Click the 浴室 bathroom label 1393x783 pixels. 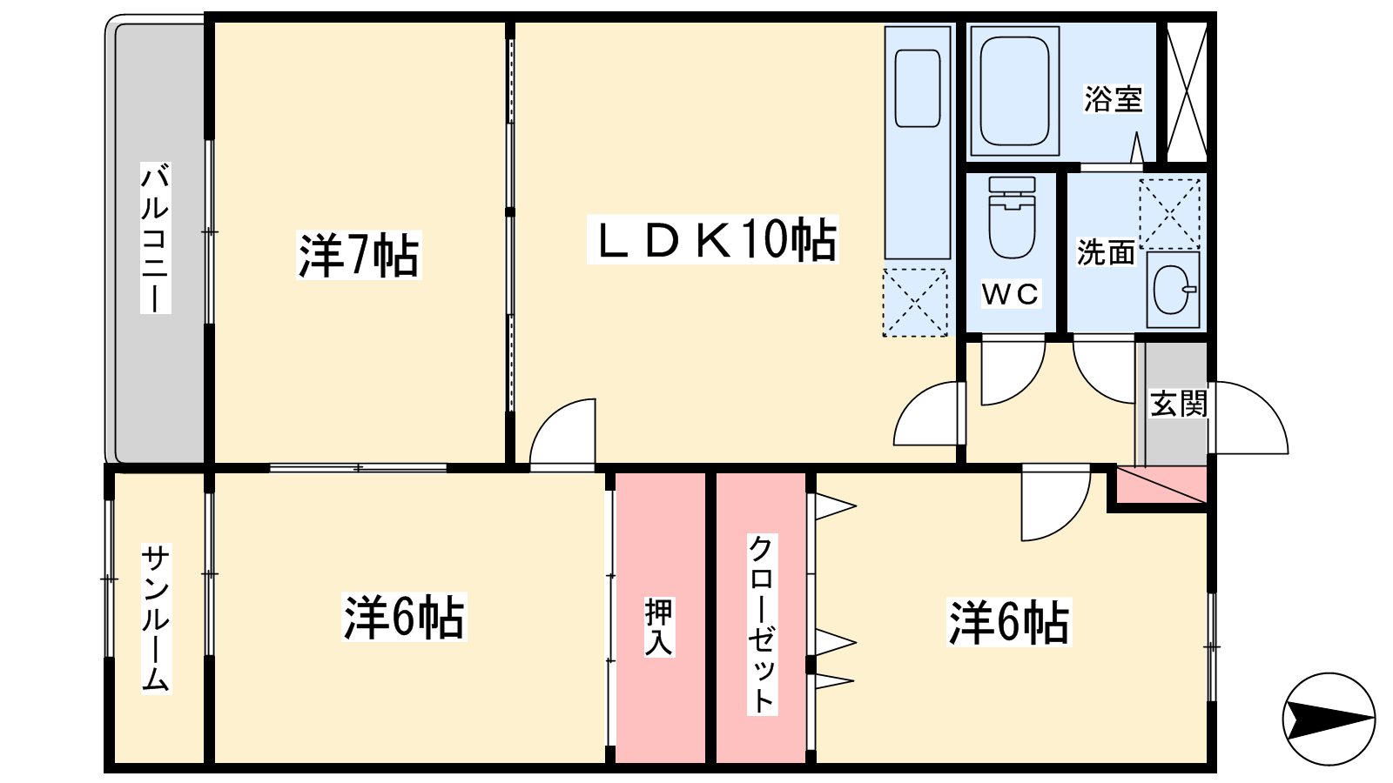coord(1112,99)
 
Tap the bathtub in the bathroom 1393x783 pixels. coord(1013,90)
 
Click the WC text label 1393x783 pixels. coord(1010,294)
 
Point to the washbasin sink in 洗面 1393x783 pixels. coord(1172,289)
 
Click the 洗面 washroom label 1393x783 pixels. coord(1106,252)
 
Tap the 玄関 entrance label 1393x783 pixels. coord(1178,404)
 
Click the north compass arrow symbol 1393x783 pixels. coord(1329,719)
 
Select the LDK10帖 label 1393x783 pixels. coord(714,240)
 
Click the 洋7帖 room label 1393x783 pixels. coord(359,255)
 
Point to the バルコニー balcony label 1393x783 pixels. coord(156,237)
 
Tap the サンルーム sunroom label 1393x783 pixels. coord(156,618)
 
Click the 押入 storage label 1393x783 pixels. coord(659,626)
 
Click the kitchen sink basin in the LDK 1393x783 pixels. coord(918,89)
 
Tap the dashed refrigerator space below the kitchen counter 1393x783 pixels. coord(915,302)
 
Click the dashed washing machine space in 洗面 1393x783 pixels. coord(1170,213)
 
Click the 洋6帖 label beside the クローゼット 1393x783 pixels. coord(1008,622)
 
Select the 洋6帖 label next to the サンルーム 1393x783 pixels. coord(404,618)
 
